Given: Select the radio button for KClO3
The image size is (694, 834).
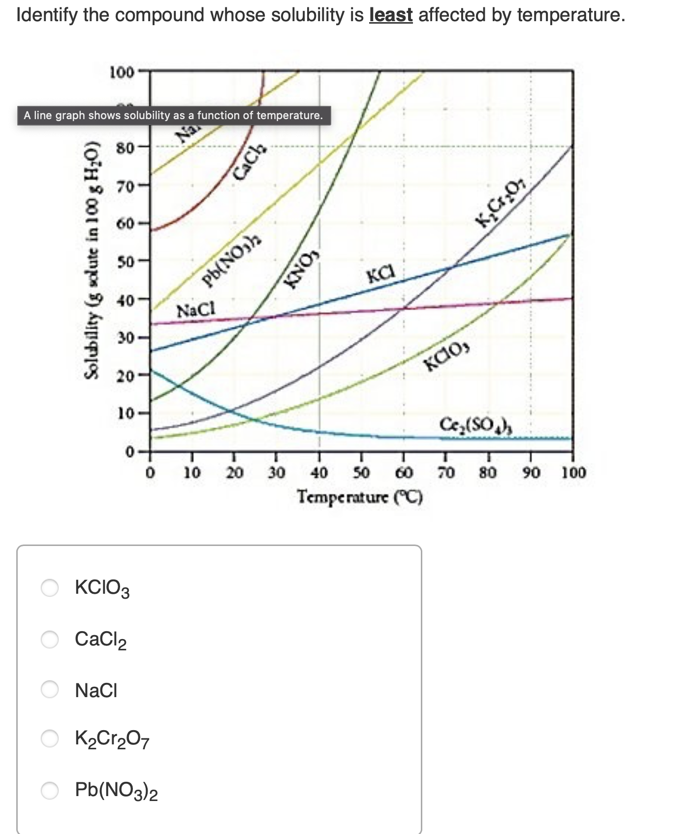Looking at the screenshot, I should (x=50, y=587).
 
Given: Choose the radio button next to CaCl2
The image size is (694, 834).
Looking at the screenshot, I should (x=50, y=639).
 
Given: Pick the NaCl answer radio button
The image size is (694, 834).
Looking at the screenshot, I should (x=50, y=690).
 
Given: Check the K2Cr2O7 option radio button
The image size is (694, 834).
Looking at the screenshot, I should (x=50, y=738).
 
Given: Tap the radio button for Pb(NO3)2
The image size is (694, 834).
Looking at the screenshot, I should (x=50, y=790).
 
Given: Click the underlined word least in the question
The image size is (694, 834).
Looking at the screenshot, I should (x=391, y=15).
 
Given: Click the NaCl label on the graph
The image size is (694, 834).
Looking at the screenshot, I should (x=196, y=311).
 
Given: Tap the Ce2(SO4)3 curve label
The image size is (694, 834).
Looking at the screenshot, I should (x=475, y=424).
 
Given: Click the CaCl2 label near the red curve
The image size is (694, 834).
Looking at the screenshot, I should (x=249, y=160).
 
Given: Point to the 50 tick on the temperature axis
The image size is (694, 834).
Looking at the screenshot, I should (x=362, y=473).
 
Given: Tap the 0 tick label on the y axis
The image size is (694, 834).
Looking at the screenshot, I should (x=129, y=451).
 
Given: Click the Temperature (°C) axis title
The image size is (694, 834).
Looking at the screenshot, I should (x=360, y=497).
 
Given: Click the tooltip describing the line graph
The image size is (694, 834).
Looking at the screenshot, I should (x=173, y=116).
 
